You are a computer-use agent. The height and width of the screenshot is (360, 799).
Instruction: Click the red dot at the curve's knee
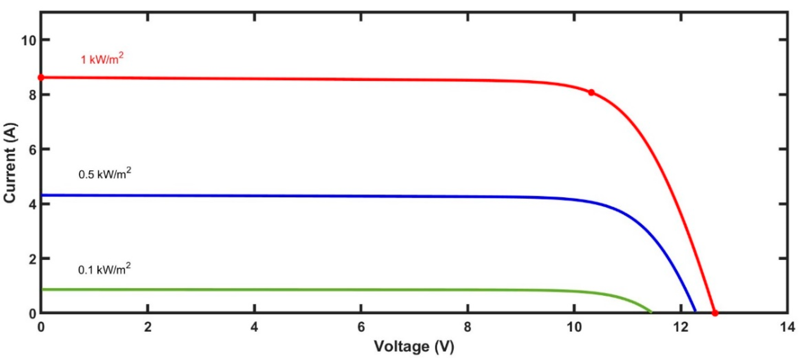(591, 92)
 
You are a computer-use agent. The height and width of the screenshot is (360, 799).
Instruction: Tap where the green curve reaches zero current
(651, 312)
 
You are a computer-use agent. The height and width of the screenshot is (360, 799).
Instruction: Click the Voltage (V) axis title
(414, 346)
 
